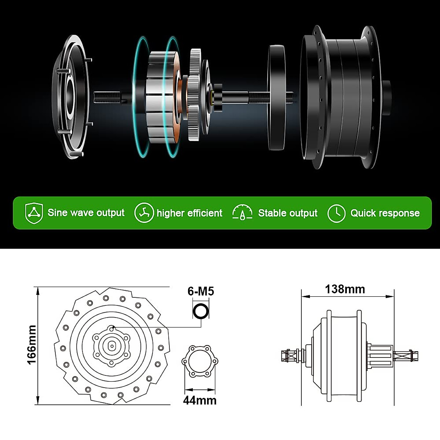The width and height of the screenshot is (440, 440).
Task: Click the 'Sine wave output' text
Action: click(86, 213)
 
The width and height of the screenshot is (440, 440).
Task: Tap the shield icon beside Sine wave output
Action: click(34, 213)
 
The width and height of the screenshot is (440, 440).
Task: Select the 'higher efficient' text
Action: click(189, 213)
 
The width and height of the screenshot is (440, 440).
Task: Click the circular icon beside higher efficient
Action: click(144, 213)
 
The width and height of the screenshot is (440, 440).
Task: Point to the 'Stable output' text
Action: click(287, 213)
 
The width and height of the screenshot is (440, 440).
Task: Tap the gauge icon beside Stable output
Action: click(242, 213)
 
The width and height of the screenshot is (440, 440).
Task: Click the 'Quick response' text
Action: click(385, 213)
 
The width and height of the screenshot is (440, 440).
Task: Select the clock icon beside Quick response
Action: click(336, 213)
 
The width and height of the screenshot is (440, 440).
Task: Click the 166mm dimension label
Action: click(32, 345)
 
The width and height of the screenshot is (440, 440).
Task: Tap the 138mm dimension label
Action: click(345, 289)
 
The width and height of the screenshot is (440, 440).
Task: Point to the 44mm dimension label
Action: click(200, 400)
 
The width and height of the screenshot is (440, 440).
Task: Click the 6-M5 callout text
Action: click(201, 291)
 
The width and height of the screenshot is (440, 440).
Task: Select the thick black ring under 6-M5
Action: click(201, 312)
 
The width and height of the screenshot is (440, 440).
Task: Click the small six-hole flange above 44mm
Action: click(200, 361)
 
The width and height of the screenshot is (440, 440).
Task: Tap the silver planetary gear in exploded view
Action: click(195, 95)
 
